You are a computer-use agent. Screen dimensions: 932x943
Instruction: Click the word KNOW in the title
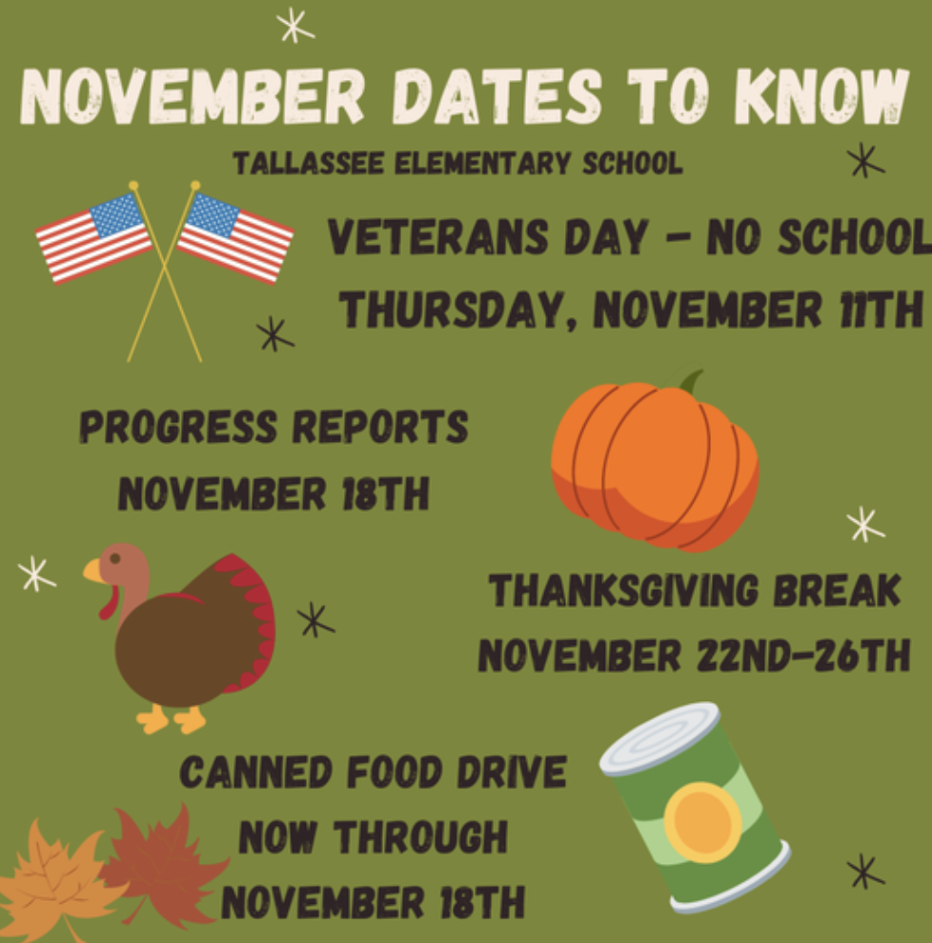tap(821, 96)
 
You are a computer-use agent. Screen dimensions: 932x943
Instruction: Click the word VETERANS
tap(437, 236)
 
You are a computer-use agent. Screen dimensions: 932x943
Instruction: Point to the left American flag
tap(93, 237)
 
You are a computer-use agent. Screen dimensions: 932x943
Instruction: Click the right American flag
tap(235, 237)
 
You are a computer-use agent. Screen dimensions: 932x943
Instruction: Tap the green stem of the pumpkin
tap(691, 381)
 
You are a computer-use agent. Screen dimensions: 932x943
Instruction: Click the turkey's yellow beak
tap(93, 571)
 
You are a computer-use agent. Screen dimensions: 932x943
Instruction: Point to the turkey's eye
tap(115, 559)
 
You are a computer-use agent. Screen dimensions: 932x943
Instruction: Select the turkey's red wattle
tap(109, 601)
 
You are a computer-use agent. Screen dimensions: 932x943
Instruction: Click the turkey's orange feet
tap(172, 718)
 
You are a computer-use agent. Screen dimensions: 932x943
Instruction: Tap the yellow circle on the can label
tap(702, 822)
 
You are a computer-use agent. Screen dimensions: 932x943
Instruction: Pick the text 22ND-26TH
tap(803, 655)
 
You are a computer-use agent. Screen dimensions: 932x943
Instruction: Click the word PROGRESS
tap(178, 427)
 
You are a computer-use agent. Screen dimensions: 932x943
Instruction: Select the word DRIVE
tap(512, 772)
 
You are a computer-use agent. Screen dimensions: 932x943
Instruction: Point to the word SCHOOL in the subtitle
tap(633, 163)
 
